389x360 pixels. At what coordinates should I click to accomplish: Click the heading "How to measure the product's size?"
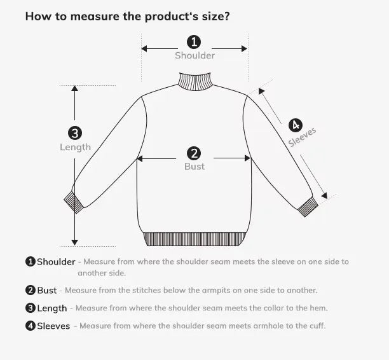[x=127, y=16]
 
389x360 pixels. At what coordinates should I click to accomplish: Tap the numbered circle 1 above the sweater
[x=194, y=42]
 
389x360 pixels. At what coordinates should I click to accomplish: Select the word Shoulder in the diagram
[x=194, y=55]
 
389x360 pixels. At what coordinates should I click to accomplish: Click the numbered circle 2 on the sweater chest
[x=194, y=153]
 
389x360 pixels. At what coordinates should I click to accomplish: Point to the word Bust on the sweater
[x=194, y=166]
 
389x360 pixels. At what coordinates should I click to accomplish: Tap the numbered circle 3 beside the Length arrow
[x=75, y=133]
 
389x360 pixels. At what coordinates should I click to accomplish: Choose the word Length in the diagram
[x=75, y=147]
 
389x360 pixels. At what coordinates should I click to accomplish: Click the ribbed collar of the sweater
[x=194, y=81]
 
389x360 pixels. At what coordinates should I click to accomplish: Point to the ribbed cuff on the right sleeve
[x=308, y=207]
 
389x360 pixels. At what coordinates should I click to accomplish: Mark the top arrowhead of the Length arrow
[x=75, y=89]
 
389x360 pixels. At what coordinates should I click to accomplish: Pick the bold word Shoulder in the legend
[x=56, y=262]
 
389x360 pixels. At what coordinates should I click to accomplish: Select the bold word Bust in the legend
[x=46, y=291]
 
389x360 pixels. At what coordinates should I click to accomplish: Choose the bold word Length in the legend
[x=51, y=308]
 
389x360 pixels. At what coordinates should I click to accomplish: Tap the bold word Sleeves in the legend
[x=53, y=326]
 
